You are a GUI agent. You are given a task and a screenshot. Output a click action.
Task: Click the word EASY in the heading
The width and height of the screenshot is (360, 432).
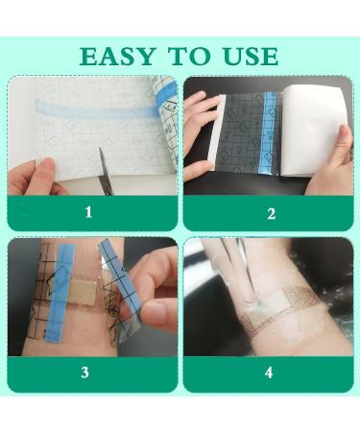point(118,57)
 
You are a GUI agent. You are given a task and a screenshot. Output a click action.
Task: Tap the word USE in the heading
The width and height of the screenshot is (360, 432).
point(251,57)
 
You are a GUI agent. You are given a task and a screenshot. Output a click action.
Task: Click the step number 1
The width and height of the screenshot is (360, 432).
point(88,212)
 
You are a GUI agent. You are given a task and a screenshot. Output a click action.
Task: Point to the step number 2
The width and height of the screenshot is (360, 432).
point(271,213)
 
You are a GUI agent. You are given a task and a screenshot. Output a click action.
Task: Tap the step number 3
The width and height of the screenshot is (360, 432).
point(84,372)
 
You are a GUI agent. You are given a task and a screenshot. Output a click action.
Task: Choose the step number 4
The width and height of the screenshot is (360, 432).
point(269,372)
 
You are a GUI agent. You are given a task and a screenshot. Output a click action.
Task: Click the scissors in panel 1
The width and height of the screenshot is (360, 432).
point(106,171)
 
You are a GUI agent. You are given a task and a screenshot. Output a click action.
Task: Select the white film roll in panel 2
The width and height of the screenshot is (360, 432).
point(314,131)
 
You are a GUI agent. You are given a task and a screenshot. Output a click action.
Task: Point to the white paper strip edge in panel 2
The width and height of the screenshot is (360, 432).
point(214,132)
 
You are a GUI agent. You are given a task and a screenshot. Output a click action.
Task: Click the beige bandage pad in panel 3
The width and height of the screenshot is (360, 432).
point(84,291)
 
